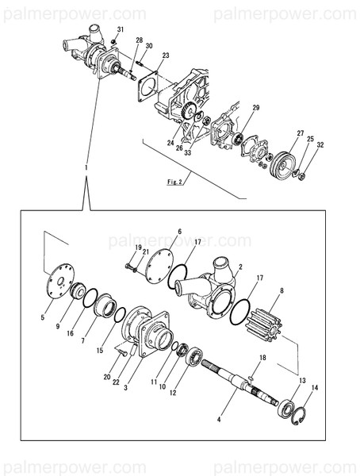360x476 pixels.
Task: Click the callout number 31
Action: pos(120,29)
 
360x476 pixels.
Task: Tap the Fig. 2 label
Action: pos(176,182)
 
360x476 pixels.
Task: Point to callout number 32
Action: pos(320,146)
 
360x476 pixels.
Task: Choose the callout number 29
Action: pos(256,107)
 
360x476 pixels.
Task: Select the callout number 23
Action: pos(165,55)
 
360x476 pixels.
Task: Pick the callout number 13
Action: pos(301,381)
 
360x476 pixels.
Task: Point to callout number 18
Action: pos(264,359)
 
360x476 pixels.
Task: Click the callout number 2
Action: pos(240,268)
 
